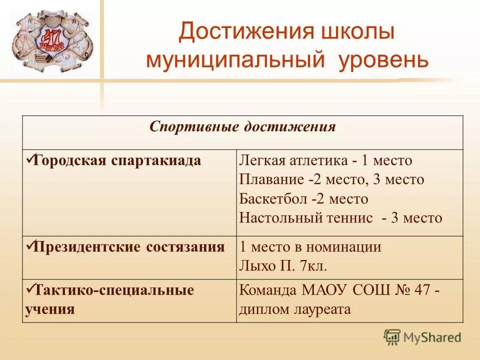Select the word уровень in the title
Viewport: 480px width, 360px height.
click(383, 60)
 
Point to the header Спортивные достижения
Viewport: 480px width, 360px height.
click(242, 126)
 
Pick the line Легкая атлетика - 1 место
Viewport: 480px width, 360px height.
click(325, 160)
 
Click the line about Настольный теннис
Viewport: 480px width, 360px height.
click(340, 218)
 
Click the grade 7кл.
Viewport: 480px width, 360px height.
click(313, 266)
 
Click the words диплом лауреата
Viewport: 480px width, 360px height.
click(295, 309)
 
